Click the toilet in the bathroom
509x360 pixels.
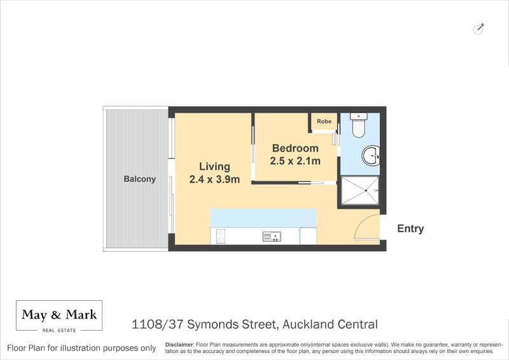click(x=359, y=127)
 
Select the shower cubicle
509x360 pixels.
click(x=360, y=190)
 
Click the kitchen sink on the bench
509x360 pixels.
click(x=272, y=237)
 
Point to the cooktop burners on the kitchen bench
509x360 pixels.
click(x=221, y=237)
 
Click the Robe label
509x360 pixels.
click(x=324, y=121)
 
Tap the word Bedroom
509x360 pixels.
click(x=295, y=148)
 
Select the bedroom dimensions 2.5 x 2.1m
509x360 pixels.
click(x=295, y=161)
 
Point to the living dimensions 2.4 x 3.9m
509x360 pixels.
click(x=214, y=179)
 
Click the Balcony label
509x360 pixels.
click(x=139, y=179)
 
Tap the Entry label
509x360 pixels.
click(x=410, y=229)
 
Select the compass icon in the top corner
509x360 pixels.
click(x=479, y=28)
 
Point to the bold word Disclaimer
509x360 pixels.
click(x=179, y=344)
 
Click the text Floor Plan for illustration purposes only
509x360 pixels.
click(x=81, y=348)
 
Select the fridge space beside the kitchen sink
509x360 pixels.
click(x=308, y=236)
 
